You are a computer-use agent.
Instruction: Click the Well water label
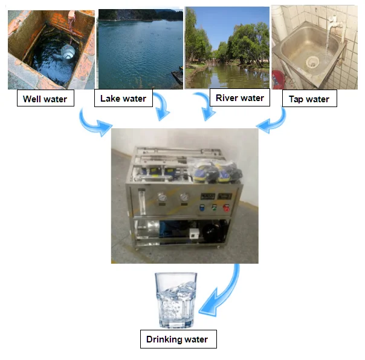[x=45, y=98]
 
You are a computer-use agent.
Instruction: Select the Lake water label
[x=123, y=98]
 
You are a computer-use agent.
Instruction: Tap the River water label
[x=240, y=97]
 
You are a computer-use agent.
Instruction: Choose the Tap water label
[x=309, y=99]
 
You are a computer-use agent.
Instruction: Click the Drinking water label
[x=177, y=339]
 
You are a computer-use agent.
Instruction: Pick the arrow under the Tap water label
[x=275, y=120]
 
